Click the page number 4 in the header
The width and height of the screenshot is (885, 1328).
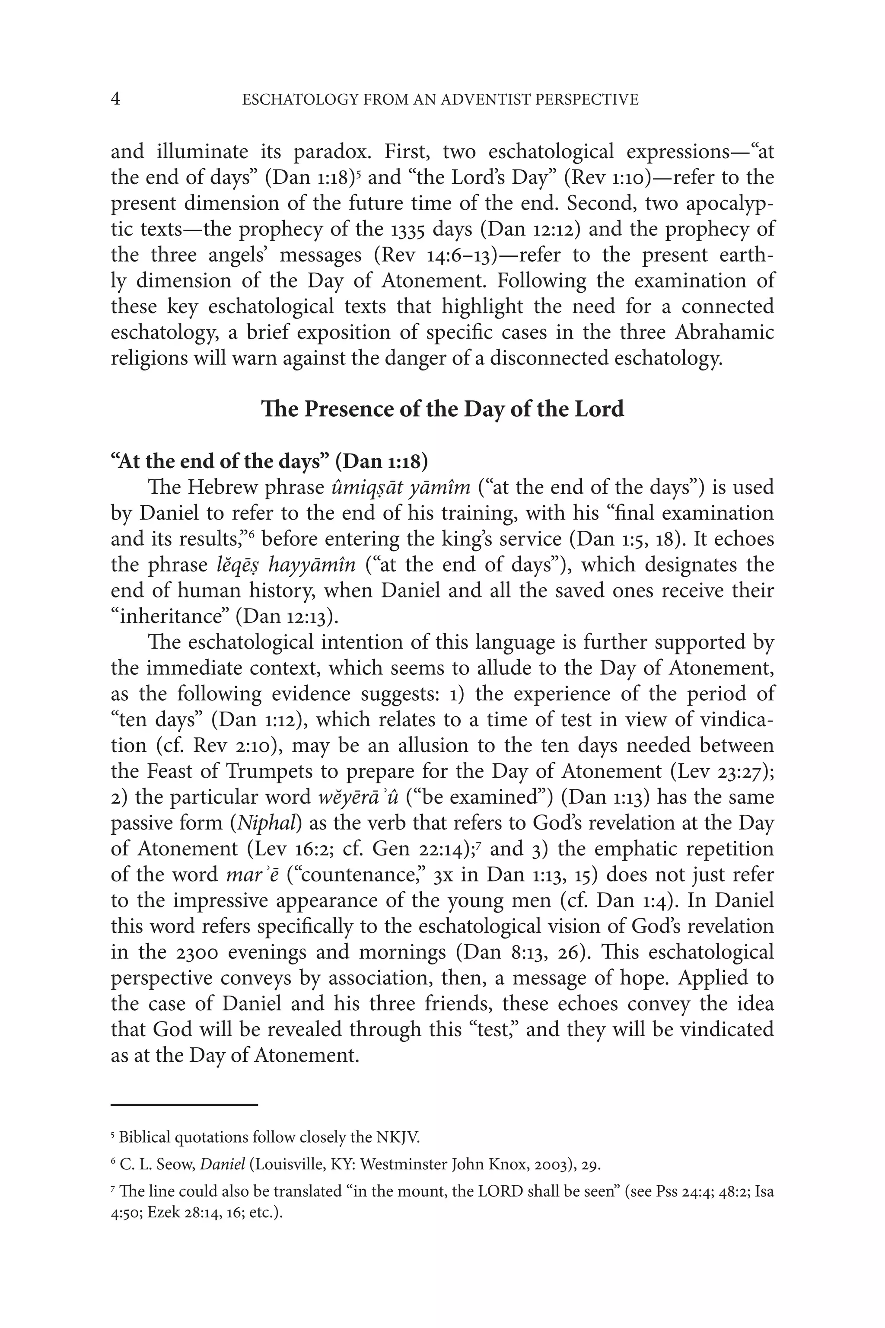115,99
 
